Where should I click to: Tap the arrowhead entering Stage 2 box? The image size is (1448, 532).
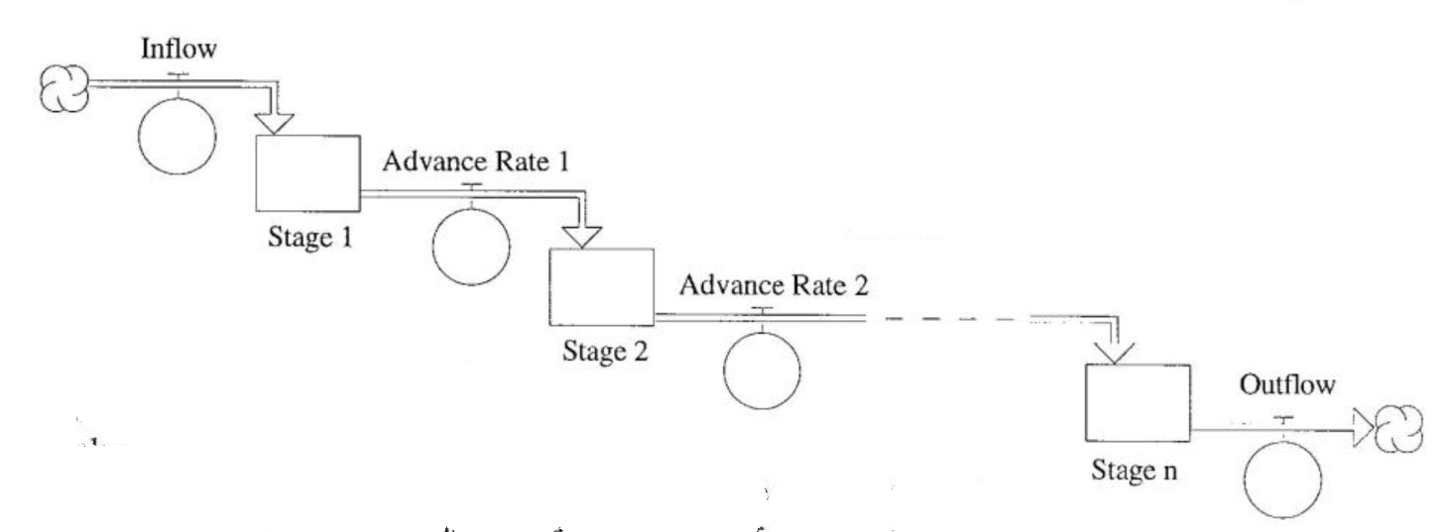581,236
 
